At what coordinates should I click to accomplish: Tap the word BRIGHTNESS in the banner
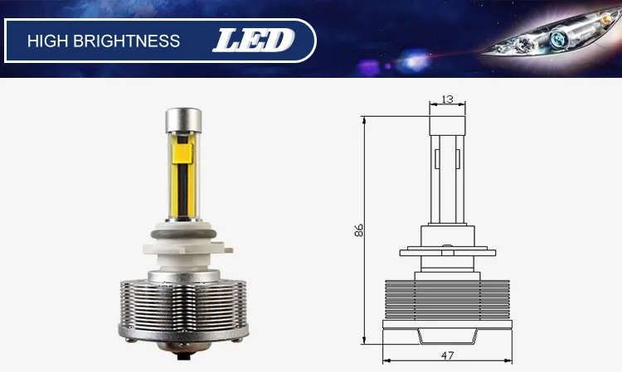[x=127, y=41]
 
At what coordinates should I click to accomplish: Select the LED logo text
[x=254, y=41]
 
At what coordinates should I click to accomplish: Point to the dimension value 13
[x=448, y=99]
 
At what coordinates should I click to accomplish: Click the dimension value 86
[x=358, y=230]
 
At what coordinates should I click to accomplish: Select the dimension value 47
[x=447, y=355]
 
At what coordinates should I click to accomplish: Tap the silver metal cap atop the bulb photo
[x=183, y=120]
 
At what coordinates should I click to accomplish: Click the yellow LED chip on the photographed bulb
[x=183, y=153]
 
